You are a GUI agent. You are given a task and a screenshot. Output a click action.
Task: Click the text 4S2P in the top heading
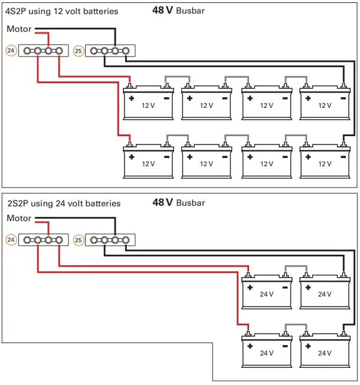16,11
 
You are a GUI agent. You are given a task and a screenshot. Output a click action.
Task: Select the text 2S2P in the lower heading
16,203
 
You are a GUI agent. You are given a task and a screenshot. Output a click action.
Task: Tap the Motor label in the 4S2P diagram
19,29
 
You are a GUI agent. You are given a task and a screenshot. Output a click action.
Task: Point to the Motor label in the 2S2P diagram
19,218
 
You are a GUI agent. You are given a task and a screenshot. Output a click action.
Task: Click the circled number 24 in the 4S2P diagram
11,51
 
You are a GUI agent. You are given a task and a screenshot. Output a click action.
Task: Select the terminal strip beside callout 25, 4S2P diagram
110,51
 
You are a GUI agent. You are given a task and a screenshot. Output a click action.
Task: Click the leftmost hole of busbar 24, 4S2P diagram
27,51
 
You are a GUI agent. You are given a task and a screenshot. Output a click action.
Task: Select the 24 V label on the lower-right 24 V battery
325,353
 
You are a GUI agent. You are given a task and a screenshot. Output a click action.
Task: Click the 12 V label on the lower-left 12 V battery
148,164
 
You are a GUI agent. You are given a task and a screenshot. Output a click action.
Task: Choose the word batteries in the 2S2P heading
103,203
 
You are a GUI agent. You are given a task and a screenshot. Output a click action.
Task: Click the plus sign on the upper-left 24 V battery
250,288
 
